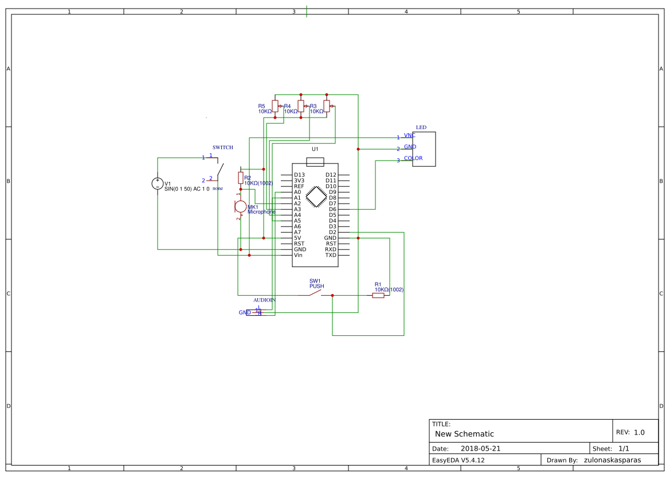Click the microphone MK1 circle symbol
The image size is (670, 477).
(x=241, y=206)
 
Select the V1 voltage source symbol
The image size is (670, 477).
(x=158, y=183)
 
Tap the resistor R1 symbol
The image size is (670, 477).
(x=378, y=295)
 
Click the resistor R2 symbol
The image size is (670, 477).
(x=241, y=178)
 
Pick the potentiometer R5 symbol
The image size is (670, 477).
(x=275, y=105)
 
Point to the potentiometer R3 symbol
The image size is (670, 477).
(x=327, y=105)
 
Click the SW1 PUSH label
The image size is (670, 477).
(x=316, y=283)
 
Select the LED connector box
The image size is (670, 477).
(x=424, y=149)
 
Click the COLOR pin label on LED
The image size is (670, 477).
(x=413, y=158)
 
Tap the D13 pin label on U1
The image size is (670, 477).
(x=299, y=175)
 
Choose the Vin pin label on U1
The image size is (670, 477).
(x=298, y=255)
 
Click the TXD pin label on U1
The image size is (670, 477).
(x=331, y=255)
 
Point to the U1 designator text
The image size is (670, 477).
(x=315, y=149)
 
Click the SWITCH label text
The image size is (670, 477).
(x=222, y=147)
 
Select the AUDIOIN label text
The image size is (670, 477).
(x=264, y=300)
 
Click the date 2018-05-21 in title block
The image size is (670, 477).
(x=480, y=448)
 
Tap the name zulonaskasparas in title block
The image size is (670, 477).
(x=612, y=460)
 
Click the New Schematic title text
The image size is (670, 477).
(x=464, y=434)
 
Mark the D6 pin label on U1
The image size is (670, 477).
(x=332, y=209)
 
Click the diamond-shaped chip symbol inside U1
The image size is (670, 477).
(x=315, y=197)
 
